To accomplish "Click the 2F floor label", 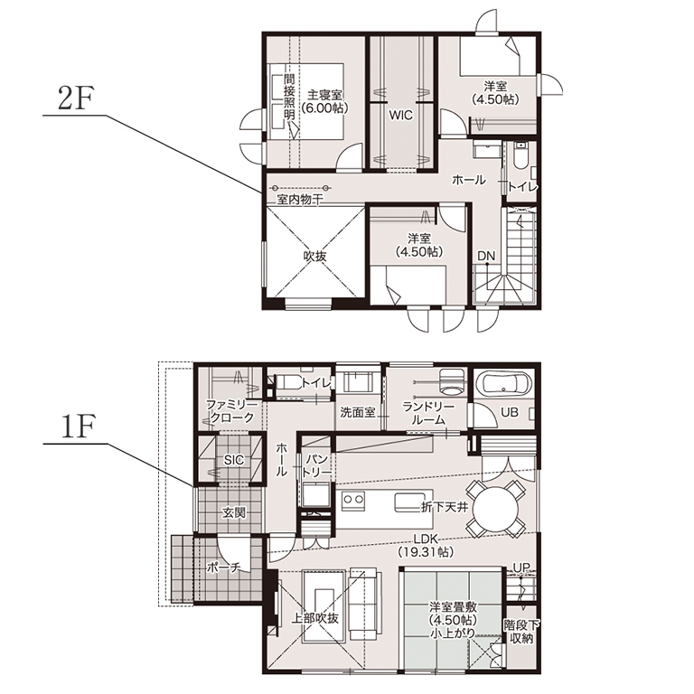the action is click(x=75, y=100).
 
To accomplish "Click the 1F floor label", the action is click(x=77, y=428).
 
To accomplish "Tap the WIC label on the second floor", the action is click(x=400, y=115).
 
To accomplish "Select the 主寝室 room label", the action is click(x=325, y=95).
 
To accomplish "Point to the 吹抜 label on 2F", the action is click(x=314, y=256).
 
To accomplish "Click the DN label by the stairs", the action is click(x=486, y=256).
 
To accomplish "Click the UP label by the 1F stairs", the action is click(x=521, y=567).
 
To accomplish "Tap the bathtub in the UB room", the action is click(x=504, y=383).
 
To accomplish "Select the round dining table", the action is click(x=495, y=509).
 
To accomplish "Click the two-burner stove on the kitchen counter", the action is click(x=353, y=500).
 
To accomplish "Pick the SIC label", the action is click(x=234, y=460).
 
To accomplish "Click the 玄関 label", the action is click(x=234, y=513).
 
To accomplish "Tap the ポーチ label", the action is click(x=224, y=567).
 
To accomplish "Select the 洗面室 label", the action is click(x=358, y=412).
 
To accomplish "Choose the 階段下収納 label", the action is click(x=520, y=632).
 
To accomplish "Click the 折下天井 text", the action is click(x=445, y=507).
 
